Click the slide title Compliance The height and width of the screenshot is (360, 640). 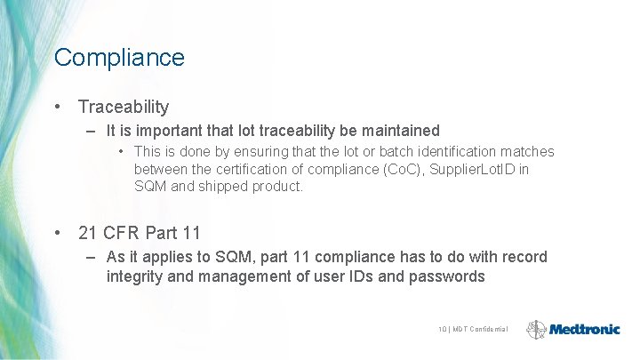(x=119, y=58)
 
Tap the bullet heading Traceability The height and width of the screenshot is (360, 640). (x=123, y=107)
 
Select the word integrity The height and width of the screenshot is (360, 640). (x=136, y=276)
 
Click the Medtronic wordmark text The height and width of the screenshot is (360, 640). (x=584, y=329)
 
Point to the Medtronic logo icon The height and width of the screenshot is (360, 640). (x=536, y=329)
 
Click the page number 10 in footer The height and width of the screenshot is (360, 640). (x=442, y=330)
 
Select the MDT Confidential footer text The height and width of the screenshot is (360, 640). (x=480, y=330)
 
